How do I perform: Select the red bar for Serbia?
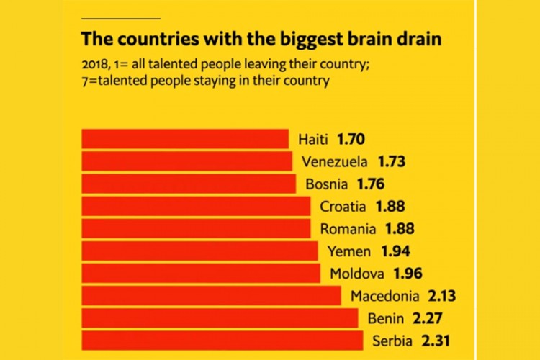[x=222, y=341]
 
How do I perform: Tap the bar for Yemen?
[x=199, y=251]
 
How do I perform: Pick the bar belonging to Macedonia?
[x=211, y=295]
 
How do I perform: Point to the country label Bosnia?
[x=328, y=183]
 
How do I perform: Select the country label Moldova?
[x=358, y=273]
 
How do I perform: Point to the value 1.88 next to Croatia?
[x=391, y=206]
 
